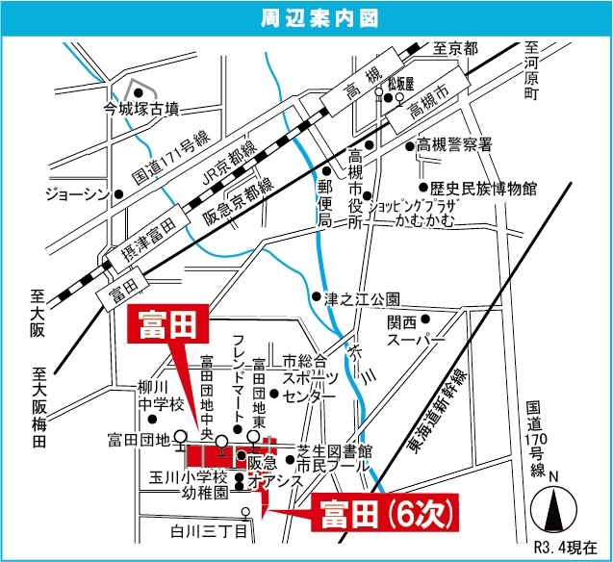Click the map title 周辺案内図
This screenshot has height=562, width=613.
[x=306, y=17]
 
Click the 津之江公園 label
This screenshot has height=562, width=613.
[x=361, y=298]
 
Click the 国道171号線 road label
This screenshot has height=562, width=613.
[x=170, y=160]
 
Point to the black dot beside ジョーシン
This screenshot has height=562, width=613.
[x=118, y=194]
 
